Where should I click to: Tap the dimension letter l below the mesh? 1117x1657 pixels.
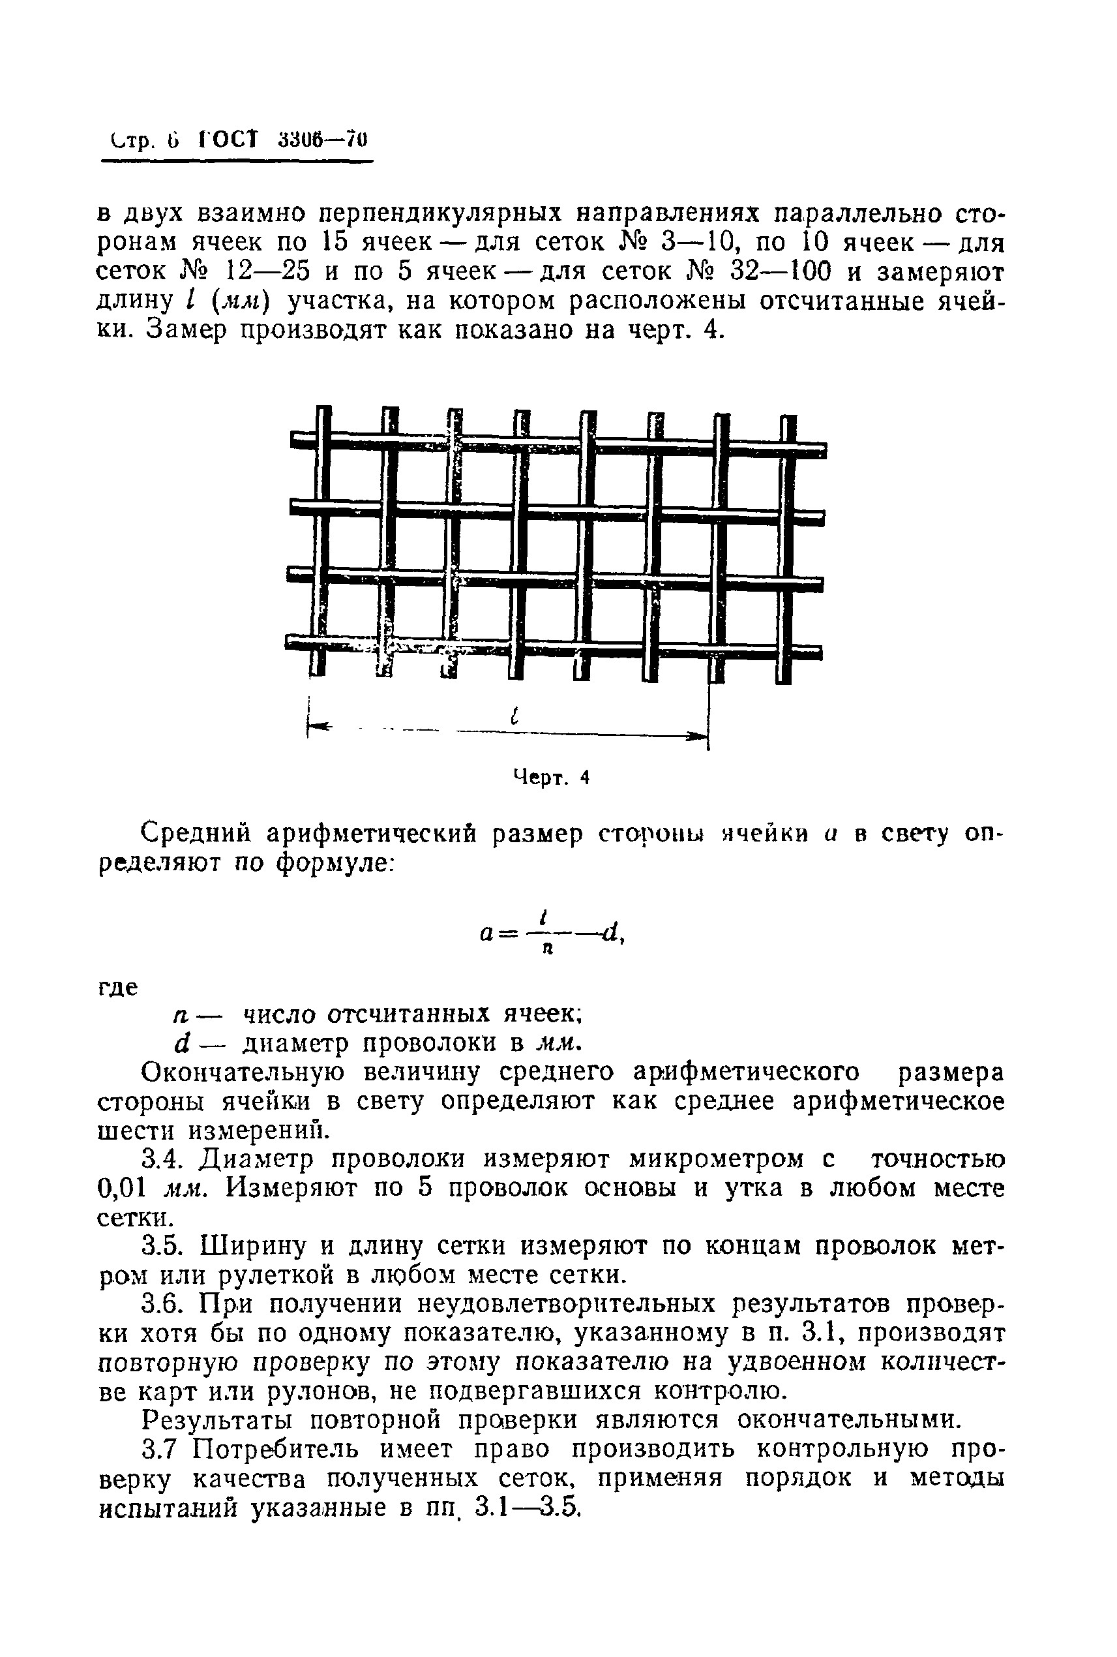tap(514, 716)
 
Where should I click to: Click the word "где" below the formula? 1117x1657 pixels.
tap(117, 988)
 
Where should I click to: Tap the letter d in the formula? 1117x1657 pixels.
tap(609, 932)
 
